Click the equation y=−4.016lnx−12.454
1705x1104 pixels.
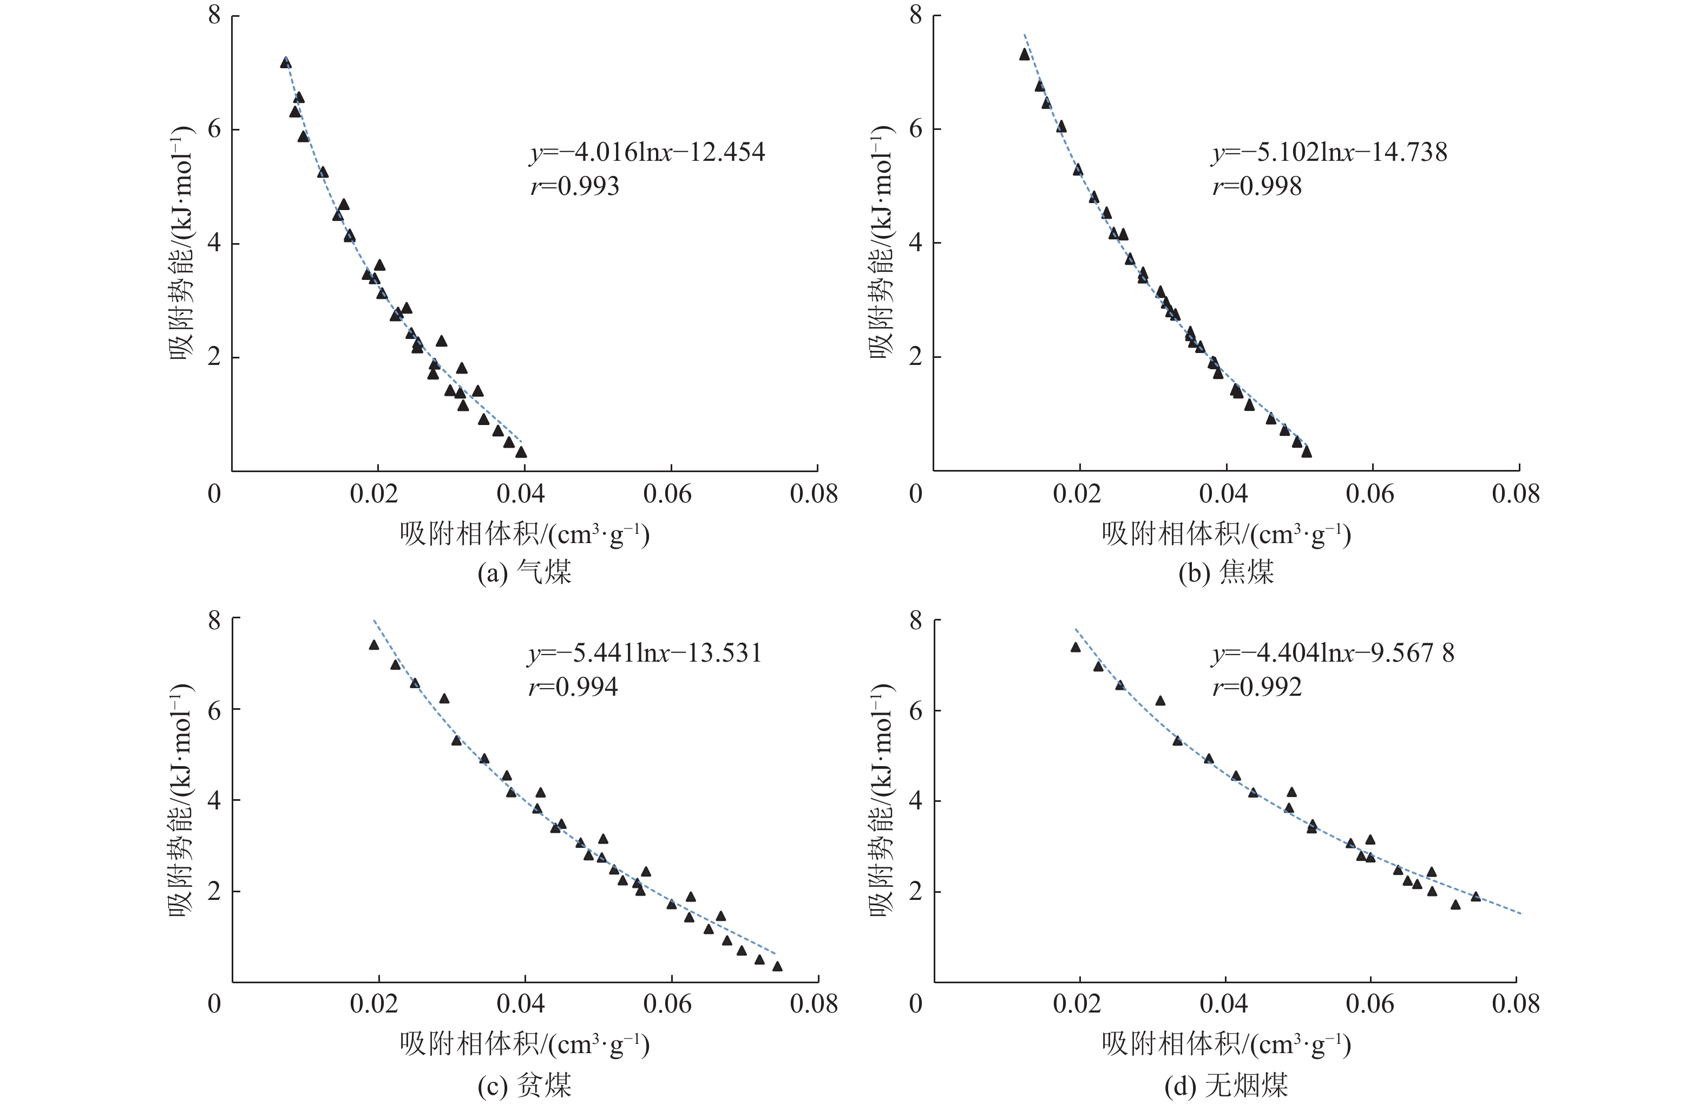(647, 152)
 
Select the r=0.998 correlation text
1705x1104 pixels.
(1257, 186)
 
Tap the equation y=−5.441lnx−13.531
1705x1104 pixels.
(645, 652)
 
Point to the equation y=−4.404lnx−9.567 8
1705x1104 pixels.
(1333, 652)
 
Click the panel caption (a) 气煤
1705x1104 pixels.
(524, 572)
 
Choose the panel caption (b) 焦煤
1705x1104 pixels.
(1226, 572)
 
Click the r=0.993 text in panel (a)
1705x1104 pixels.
(574, 186)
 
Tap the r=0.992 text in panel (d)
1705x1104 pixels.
(1257, 687)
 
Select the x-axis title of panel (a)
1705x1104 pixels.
(524, 534)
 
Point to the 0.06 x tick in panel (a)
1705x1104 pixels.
(667, 494)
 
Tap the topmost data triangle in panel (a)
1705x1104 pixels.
(286, 62)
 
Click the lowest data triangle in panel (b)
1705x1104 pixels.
(1307, 452)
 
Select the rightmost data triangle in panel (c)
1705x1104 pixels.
(777, 966)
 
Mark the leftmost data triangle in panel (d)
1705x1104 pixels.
(1076, 648)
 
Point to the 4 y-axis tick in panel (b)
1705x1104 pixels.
(915, 242)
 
